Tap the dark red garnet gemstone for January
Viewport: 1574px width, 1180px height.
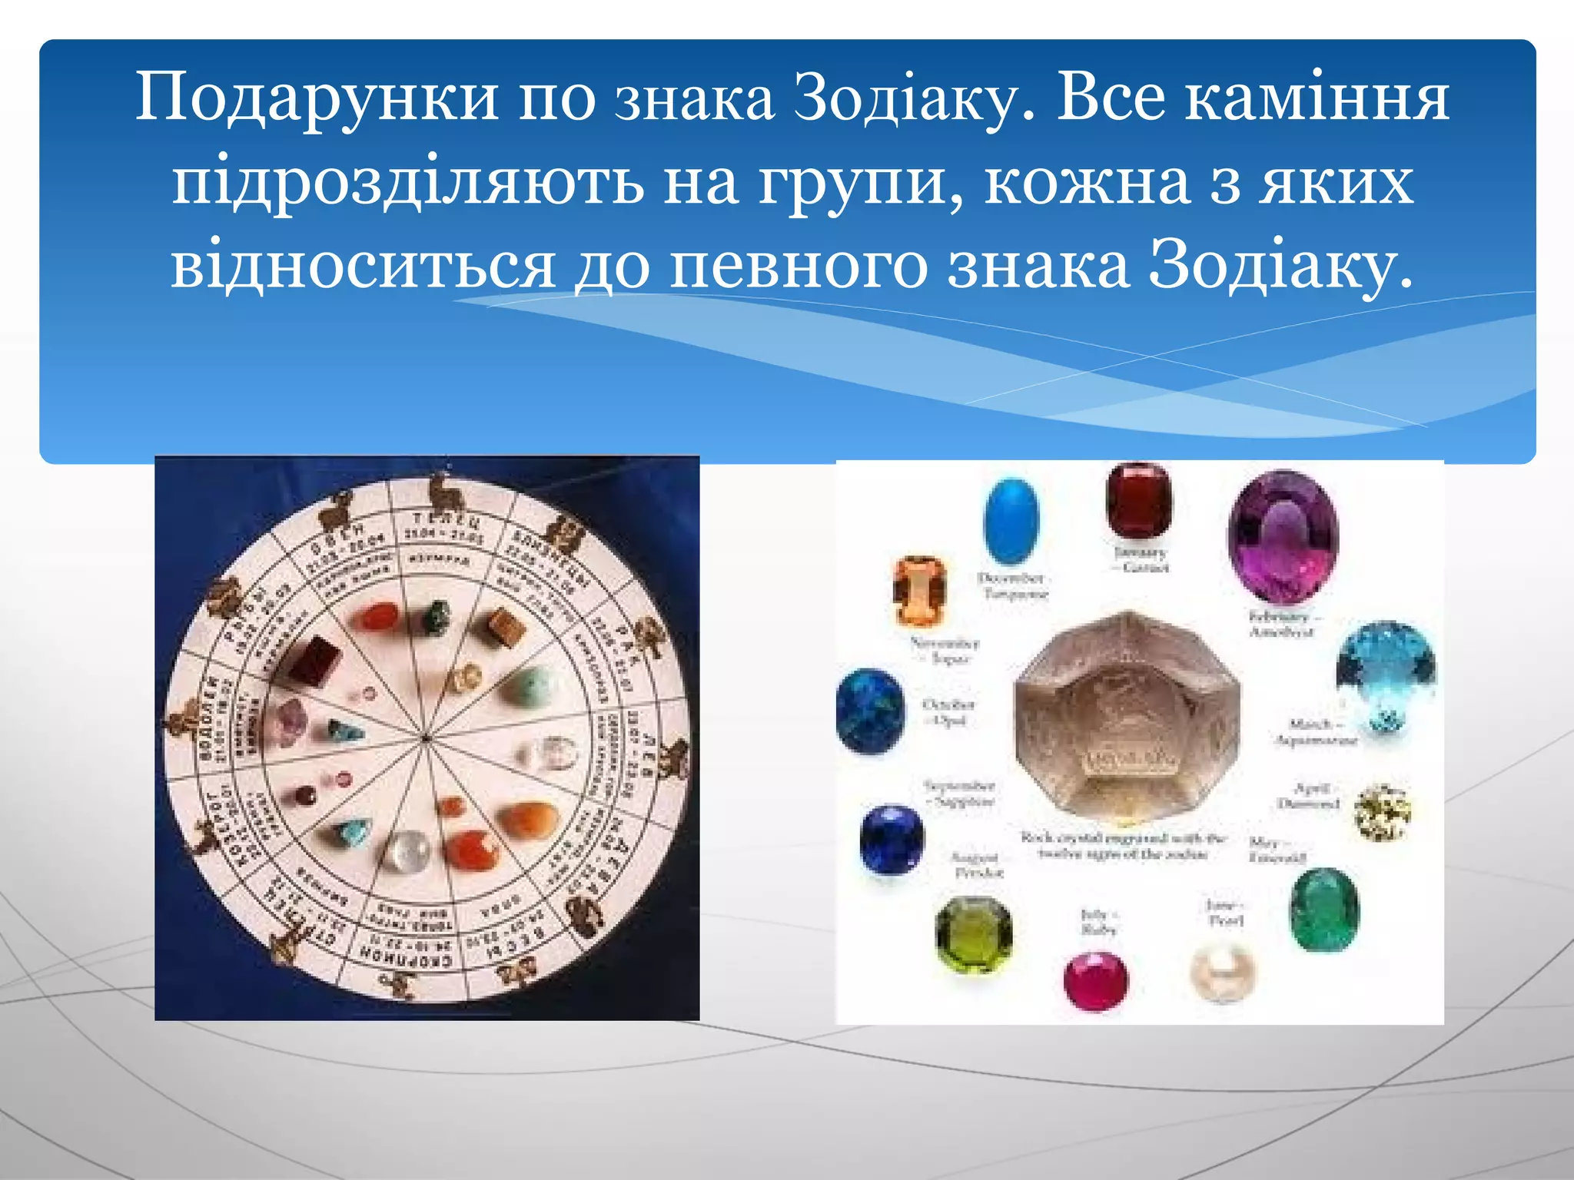[1139, 501]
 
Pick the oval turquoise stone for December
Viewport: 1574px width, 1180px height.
[1011, 521]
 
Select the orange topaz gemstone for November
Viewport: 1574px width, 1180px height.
[919, 591]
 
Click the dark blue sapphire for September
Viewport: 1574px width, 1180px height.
[892, 839]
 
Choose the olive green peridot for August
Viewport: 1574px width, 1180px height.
[974, 934]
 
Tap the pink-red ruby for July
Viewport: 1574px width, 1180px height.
[1096, 981]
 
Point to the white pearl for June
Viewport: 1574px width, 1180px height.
[1222, 973]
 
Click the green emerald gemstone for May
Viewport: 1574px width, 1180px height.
[1323, 910]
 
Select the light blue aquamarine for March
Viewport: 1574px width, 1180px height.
[1386, 676]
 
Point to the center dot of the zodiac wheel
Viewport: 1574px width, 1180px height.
[425, 738]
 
